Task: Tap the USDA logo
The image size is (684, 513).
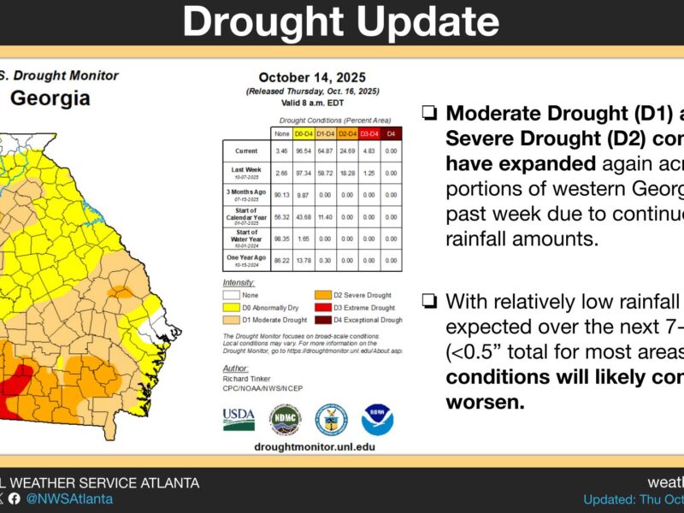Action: [x=239, y=419]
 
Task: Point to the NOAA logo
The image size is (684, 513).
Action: [x=377, y=420]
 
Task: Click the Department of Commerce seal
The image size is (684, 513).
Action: [x=331, y=420]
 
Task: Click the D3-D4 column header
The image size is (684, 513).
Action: [x=369, y=134]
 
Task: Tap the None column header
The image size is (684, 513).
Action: [x=281, y=134]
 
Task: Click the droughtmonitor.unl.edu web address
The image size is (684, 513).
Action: [x=304, y=446]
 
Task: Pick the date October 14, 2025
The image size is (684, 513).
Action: [x=305, y=77]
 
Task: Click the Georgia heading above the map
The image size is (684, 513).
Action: [x=50, y=98]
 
